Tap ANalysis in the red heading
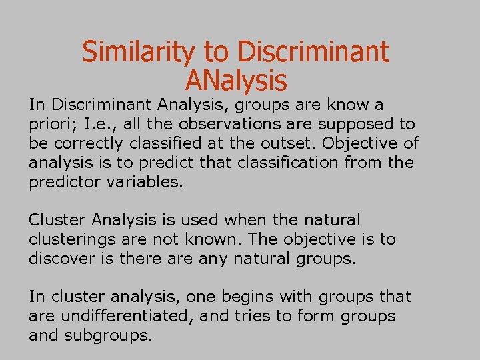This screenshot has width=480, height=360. pos(235,81)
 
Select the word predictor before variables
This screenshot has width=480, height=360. pos(65,182)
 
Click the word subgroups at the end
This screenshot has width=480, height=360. pos(108,335)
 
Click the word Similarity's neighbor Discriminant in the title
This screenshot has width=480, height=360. pos(313,52)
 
